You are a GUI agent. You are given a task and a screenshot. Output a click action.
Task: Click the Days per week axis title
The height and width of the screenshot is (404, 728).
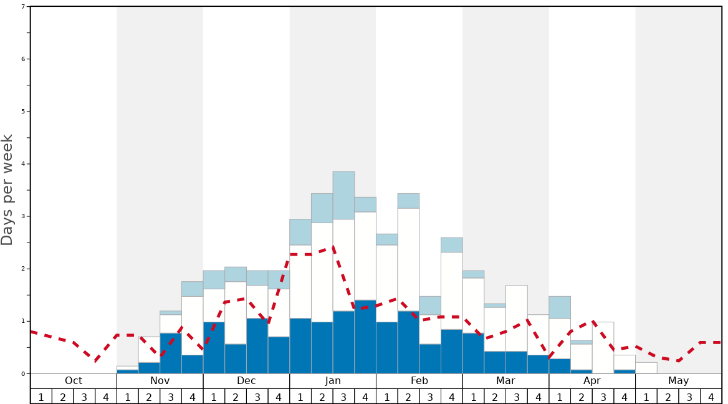tap(7, 190)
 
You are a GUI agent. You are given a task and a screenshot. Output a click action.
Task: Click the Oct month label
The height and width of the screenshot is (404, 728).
tap(74, 381)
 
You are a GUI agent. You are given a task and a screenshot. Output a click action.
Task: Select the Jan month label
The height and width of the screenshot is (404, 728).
tap(333, 381)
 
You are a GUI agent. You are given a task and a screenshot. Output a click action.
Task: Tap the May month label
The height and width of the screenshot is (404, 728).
tap(679, 381)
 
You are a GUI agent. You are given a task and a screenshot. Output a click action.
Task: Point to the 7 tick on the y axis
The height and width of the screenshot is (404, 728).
tap(23, 6)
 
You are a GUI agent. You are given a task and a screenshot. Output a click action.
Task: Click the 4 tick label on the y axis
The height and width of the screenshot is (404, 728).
tap(23, 164)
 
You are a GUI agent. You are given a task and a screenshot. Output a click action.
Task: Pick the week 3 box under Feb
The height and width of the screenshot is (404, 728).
tap(430, 397)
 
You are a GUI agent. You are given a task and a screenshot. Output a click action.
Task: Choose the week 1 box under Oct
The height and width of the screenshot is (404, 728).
tap(41, 397)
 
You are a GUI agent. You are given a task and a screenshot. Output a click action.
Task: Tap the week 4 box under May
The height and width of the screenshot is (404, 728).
tap(711, 397)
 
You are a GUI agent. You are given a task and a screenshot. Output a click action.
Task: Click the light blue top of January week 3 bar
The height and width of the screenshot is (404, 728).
tap(343, 195)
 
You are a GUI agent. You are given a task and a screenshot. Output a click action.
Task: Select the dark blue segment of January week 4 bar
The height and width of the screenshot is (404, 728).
tap(365, 337)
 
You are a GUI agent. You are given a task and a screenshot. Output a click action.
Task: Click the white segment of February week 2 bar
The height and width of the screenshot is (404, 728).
tap(408, 259)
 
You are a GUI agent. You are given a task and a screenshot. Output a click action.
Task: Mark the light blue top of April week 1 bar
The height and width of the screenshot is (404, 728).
tap(560, 307)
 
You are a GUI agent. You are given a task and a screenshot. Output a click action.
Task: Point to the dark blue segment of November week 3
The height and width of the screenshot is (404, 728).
tap(171, 353)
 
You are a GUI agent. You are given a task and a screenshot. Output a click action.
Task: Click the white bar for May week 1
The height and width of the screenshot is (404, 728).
tap(646, 368)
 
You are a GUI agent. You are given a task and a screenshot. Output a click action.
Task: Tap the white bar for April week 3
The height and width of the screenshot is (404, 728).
tap(603, 347)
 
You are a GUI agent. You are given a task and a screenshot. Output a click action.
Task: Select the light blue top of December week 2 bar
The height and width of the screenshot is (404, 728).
tap(236, 274)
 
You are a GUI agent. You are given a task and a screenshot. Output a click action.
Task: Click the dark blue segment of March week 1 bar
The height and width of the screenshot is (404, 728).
tap(473, 353)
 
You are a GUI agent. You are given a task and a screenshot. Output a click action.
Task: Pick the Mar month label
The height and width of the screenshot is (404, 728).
tap(505, 381)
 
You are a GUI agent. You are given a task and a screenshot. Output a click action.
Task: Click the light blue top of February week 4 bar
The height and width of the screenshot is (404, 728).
tap(451, 244)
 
